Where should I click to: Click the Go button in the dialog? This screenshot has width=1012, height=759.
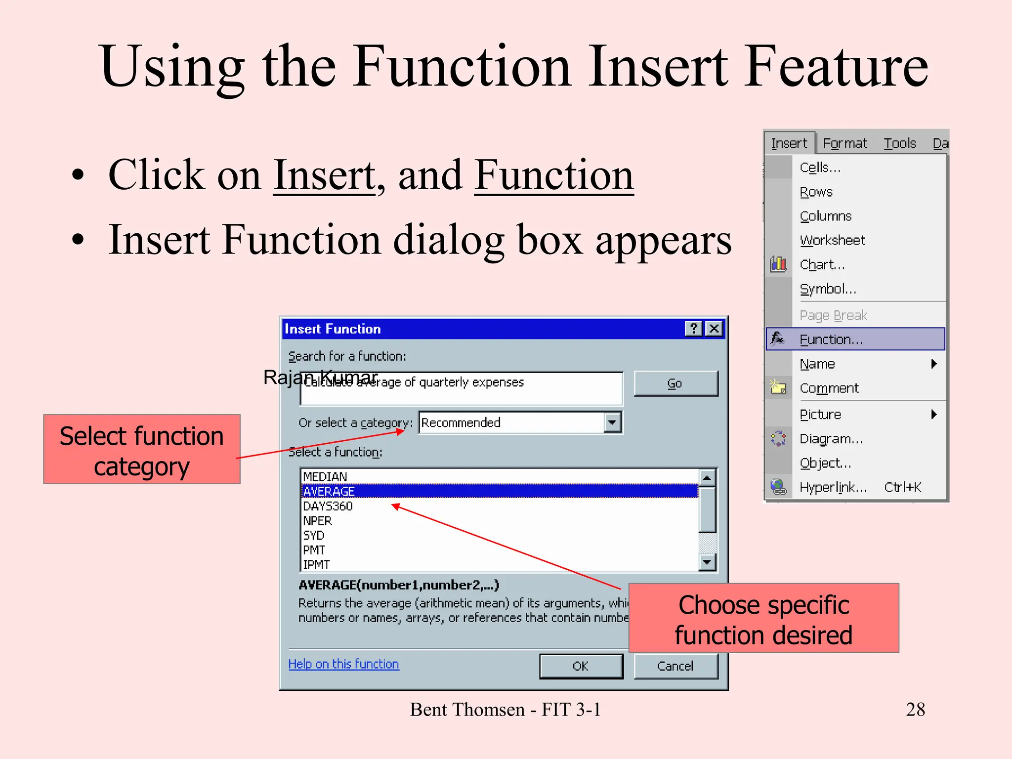point(675,383)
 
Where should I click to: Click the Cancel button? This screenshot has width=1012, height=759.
point(675,666)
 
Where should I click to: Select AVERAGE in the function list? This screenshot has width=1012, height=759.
point(329,491)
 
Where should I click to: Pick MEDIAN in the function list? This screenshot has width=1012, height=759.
point(325,476)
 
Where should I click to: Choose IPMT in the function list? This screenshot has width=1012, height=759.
point(316,564)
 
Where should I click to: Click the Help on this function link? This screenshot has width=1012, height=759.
point(343,664)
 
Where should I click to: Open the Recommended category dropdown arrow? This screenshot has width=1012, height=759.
point(612,422)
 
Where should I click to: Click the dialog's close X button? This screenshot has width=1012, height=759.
point(714,329)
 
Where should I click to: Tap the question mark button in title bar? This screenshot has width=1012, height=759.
point(693,329)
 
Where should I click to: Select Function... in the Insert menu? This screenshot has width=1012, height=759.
point(831,339)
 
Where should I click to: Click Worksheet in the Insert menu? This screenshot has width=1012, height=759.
point(832,240)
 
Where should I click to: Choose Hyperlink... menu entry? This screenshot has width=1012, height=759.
point(833,487)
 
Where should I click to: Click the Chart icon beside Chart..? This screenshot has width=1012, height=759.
point(778,264)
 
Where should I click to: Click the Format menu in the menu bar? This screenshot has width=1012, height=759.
point(844,143)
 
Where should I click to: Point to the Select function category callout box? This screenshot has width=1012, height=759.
point(142,449)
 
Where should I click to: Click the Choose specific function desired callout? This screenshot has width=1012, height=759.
point(763,618)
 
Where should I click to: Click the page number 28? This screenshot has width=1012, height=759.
point(915,710)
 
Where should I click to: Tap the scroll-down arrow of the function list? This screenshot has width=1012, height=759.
point(708,562)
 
